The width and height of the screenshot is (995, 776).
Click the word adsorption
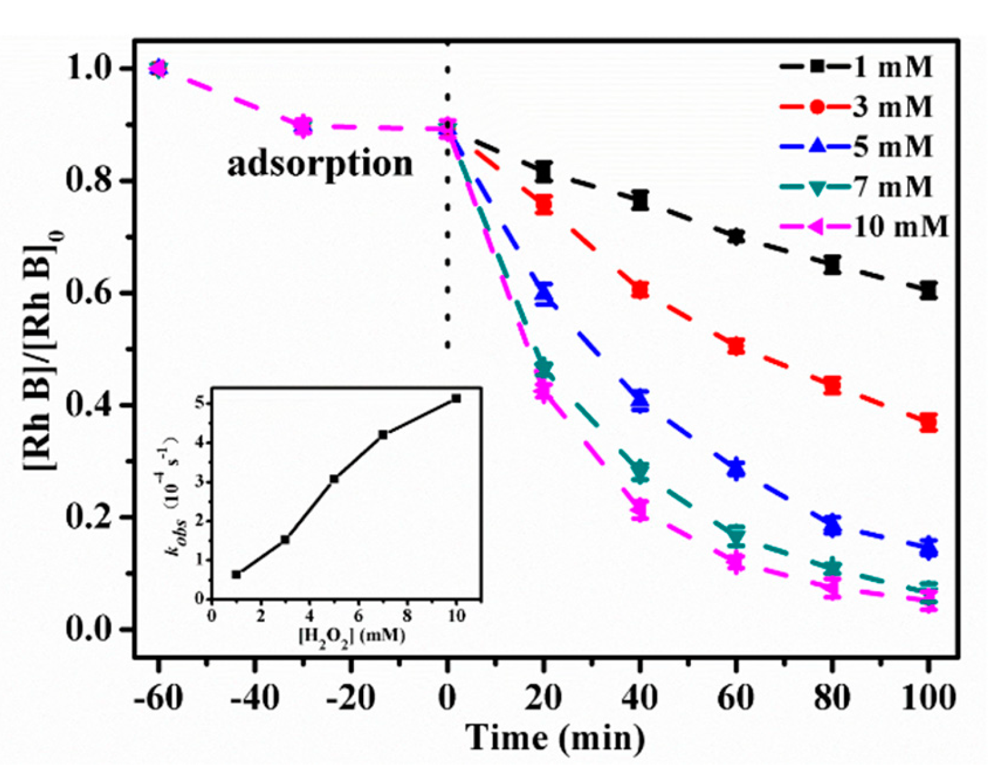[x=320, y=164]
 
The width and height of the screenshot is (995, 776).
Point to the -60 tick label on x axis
[x=158, y=698]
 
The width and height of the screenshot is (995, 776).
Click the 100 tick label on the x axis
[x=928, y=698]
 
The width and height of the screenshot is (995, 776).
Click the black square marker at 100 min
[x=928, y=290]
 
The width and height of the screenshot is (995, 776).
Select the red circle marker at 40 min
[x=640, y=290]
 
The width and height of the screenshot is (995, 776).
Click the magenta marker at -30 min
[x=303, y=126]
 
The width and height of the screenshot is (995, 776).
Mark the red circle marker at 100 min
[x=928, y=423]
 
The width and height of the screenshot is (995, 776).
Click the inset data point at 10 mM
[x=456, y=398]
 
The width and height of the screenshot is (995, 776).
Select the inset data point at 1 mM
[x=236, y=574]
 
